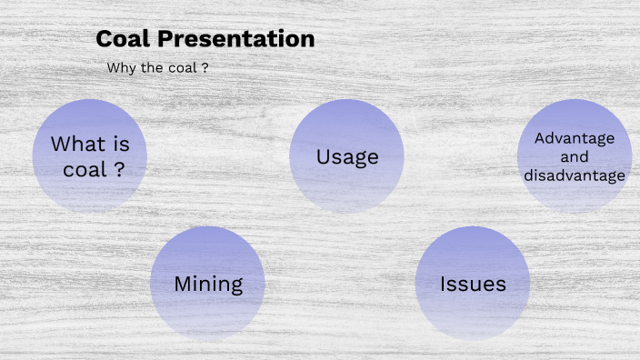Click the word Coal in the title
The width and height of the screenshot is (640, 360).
click(121, 39)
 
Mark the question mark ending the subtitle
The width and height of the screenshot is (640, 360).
click(205, 67)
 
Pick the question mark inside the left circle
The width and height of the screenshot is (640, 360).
click(119, 169)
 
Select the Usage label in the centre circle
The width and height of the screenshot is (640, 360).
click(347, 157)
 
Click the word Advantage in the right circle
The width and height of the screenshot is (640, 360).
click(575, 138)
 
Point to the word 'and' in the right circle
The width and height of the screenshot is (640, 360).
click(575, 156)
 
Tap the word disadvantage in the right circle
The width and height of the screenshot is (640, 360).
click(575, 175)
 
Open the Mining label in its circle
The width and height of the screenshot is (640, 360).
click(208, 284)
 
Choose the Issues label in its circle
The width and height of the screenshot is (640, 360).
click(473, 284)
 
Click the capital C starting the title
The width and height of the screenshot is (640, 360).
click(104, 39)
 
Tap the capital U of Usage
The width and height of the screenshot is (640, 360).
click(323, 157)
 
